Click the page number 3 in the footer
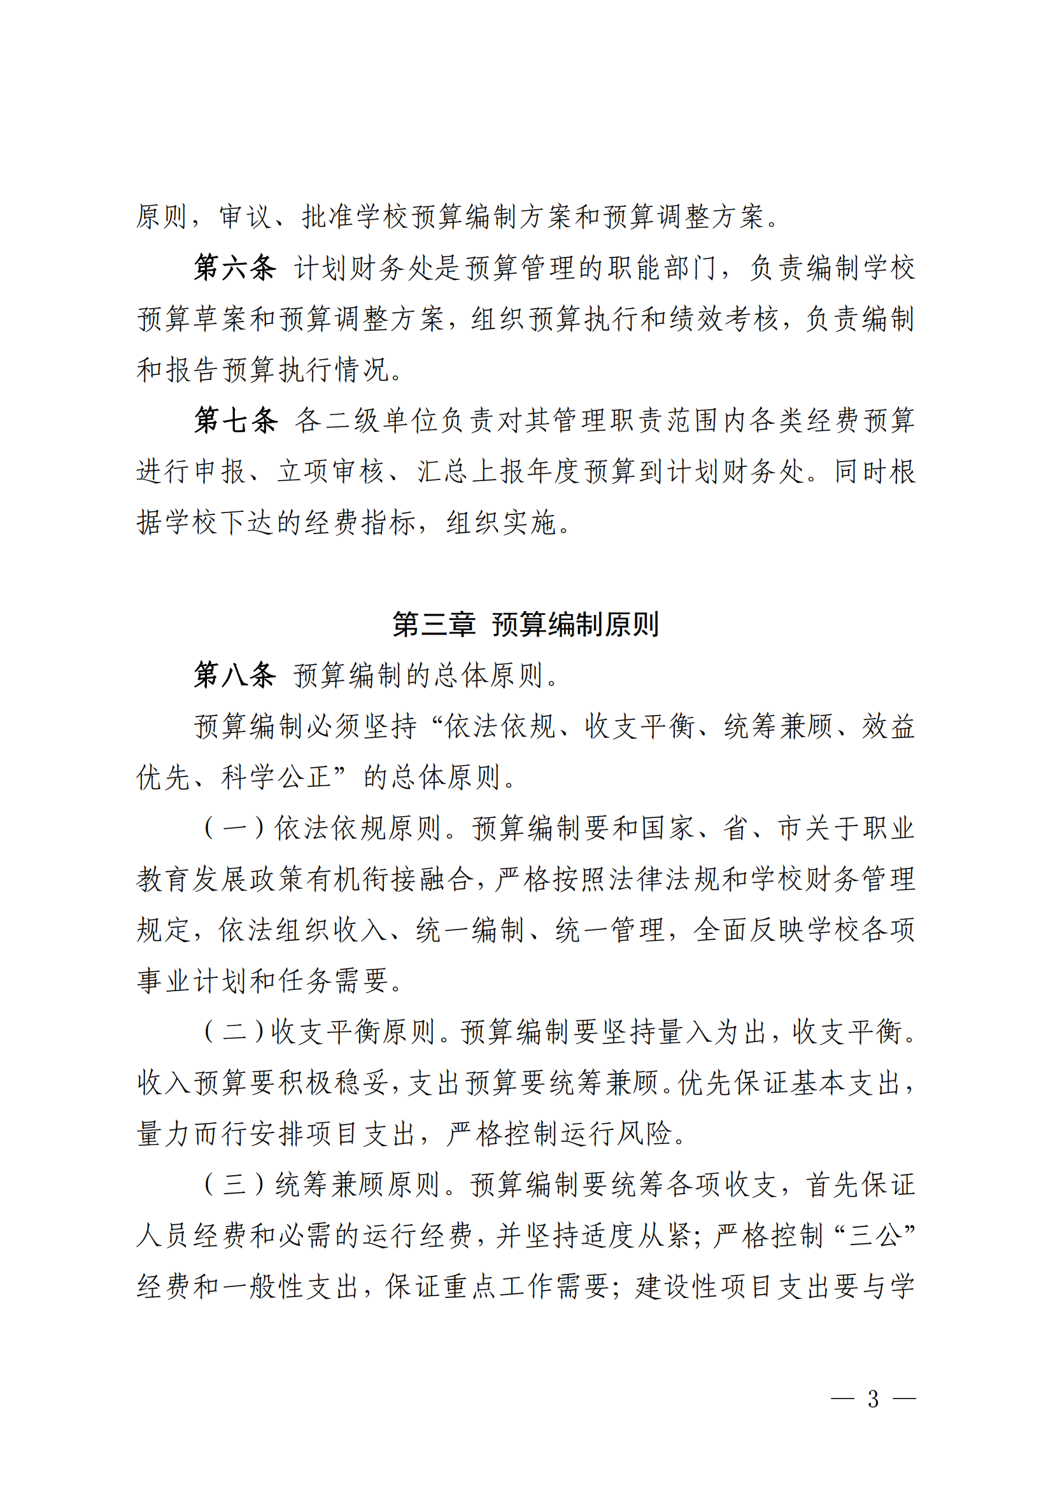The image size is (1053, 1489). coord(873,1399)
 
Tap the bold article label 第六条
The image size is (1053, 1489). coord(236,268)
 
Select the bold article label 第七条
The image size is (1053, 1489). coord(236,420)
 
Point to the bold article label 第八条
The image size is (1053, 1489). coord(236,675)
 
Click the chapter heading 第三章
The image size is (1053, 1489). coord(434,624)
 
